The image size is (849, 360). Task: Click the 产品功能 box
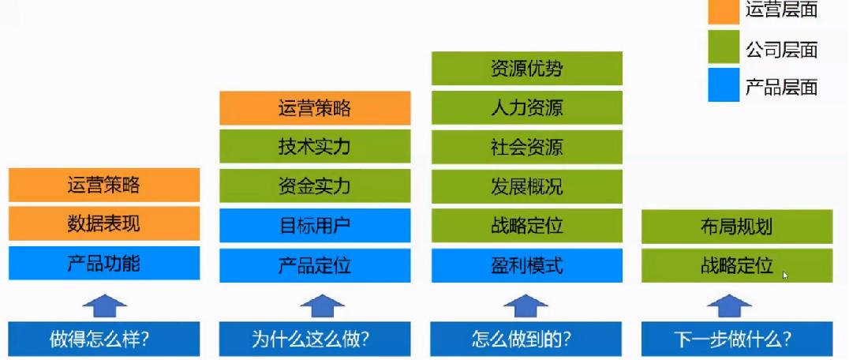click(x=104, y=264)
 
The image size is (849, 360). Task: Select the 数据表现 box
click(x=104, y=224)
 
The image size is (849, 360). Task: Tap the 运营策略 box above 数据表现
click(x=104, y=186)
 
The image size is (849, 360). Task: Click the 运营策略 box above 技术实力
click(x=315, y=108)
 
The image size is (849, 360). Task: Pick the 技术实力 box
click(x=315, y=147)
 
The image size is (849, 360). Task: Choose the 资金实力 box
click(x=315, y=186)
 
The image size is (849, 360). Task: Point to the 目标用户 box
click(x=315, y=226)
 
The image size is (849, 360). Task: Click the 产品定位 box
click(x=315, y=265)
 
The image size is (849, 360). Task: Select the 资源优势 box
click(x=527, y=69)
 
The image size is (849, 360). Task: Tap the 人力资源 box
click(x=527, y=108)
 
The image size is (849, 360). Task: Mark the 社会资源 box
click(x=527, y=147)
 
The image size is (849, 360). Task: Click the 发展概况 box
click(x=527, y=186)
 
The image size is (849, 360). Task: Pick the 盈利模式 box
click(x=527, y=265)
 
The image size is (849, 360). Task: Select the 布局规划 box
click(x=737, y=227)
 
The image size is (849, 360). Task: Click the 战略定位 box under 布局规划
click(x=737, y=265)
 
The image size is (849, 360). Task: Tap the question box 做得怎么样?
click(x=104, y=339)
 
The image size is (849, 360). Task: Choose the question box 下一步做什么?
click(x=737, y=339)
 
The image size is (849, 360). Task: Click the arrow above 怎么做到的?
click(x=526, y=305)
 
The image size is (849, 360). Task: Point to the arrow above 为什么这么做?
click(x=315, y=305)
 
